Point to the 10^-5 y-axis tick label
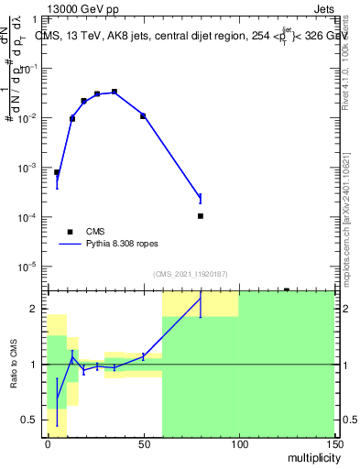click(31, 267)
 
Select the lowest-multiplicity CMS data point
click(57, 172)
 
